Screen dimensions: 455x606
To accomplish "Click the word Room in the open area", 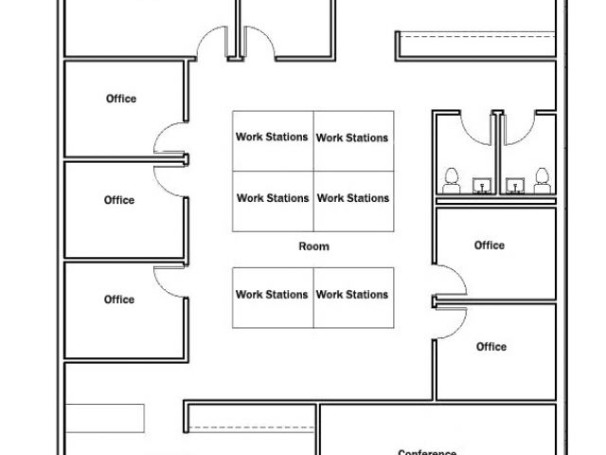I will click(313, 246).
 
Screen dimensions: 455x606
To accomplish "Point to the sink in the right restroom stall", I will click(515, 183).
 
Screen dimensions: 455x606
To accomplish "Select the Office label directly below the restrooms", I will click(490, 246).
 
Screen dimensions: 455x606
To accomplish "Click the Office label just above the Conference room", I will click(491, 347).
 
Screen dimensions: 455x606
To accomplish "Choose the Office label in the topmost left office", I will click(120, 99).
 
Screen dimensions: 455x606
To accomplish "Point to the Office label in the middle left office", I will click(119, 200).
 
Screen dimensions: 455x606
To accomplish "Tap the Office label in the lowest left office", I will click(119, 300).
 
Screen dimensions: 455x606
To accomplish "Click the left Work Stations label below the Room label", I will click(273, 295).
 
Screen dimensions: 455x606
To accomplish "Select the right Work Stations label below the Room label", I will click(352, 295).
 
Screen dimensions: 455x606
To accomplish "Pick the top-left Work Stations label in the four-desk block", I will click(273, 136).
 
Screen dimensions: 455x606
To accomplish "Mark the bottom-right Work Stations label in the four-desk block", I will click(352, 198).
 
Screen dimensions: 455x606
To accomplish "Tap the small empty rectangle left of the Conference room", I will click(104, 418).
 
